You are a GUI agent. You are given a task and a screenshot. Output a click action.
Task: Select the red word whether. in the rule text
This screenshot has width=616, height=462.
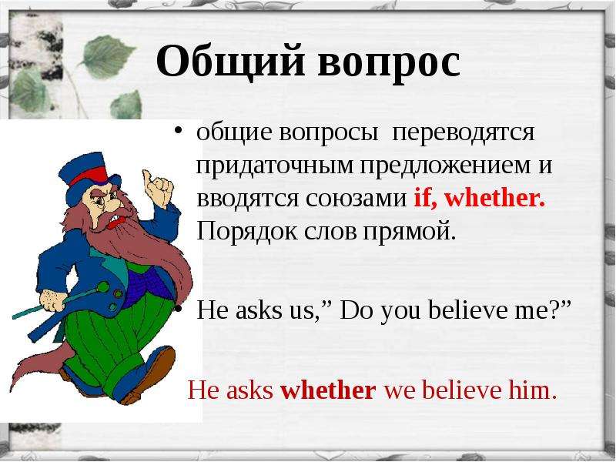pos(495,197)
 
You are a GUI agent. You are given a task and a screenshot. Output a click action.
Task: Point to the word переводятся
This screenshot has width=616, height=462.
pos(464,133)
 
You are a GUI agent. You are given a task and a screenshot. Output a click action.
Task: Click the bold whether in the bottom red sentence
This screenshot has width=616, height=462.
pos(328,391)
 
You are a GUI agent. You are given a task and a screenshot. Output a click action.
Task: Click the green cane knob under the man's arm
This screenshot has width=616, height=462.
pos(103,287)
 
